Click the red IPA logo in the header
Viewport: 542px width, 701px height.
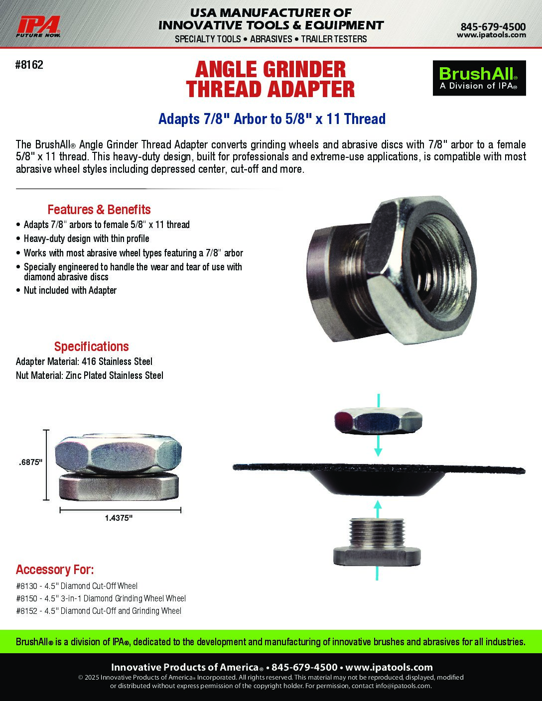pyautogui.click(x=38, y=27)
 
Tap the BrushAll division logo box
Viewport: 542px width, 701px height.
pyautogui.click(x=479, y=78)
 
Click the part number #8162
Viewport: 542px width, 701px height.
pyautogui.click(x=29, y=65)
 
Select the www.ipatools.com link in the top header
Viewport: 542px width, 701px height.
pyautogui.click(x=491, y=35)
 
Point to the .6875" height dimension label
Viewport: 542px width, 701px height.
pyautogui.click(x=31, y=463)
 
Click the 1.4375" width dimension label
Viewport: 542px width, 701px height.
pyautogui.click(x=119, y=518)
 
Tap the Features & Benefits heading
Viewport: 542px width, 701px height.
pyautogui.click(x=99, y=210)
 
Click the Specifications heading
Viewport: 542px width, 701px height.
pyautogui.click(x=91, y=347)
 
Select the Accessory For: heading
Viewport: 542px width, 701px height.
pyautogui.click(x=55, y=570)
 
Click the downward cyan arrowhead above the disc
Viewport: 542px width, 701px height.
pyautogui.click(x=378, y=452)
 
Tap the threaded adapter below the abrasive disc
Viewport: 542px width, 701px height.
pyautogui.click(x=377, y=542)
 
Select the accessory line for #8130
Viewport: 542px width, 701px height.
pyautogui.click(x=77, y=586)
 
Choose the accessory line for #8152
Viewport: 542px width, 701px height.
pyautogui.click(x=99, y=611)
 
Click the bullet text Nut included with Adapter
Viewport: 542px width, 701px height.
pyautogui.click(x=70, y=290)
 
